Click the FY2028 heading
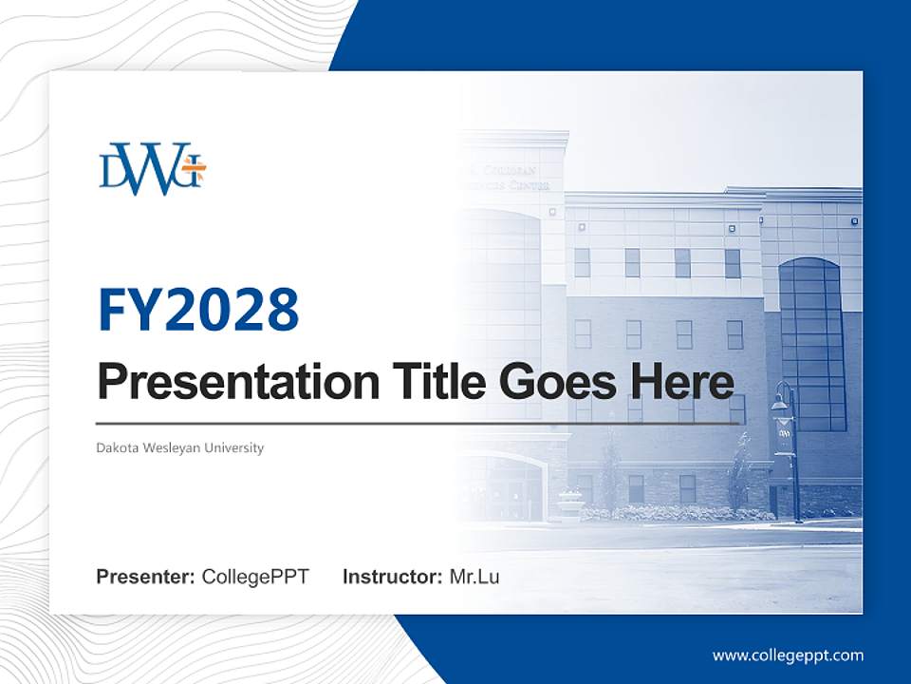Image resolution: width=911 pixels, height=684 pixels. pos(198,310)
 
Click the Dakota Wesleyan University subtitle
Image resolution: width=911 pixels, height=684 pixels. pos(179,447)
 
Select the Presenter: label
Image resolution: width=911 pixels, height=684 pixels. pos(146,577)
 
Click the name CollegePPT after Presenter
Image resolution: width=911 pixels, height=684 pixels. pos(255,577)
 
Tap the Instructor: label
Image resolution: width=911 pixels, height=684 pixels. pos(392,577)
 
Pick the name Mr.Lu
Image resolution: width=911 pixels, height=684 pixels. pos(474,577)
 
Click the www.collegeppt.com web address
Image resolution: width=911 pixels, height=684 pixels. pos(788,655)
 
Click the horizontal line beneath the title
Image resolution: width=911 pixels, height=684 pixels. pos(418,423)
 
